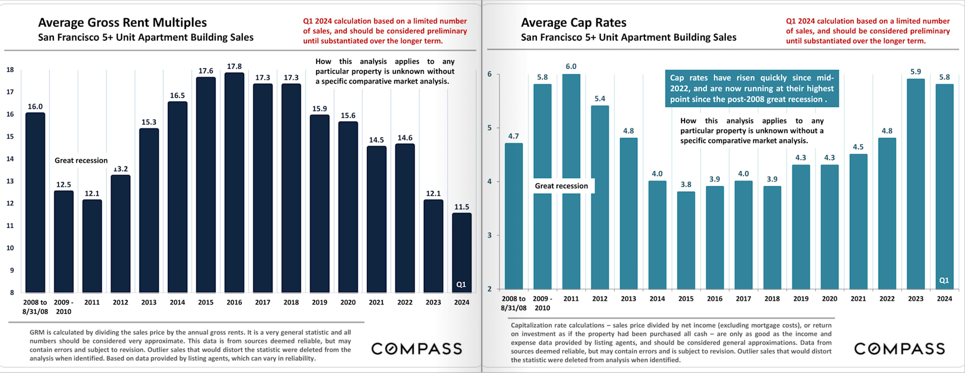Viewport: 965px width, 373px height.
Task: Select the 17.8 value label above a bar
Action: pos(234,66)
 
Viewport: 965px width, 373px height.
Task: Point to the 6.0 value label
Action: pos(571,66)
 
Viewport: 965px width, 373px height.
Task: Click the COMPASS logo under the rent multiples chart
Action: pos(417,349)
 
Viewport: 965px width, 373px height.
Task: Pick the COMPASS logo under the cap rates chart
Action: pos(899,349)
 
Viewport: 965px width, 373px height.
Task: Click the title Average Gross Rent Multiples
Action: pos(122,23)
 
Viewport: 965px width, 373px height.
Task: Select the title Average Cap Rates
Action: pos(573,23)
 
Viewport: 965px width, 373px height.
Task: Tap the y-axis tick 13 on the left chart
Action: pos(10,181)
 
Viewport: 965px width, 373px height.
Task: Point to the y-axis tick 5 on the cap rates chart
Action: pos(490,128)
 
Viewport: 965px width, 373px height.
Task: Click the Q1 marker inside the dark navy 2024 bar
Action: pos(461,285)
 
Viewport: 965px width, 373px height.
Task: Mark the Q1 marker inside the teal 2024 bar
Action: pos(944,281)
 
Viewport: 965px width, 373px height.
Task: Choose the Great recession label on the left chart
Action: pos(81,161)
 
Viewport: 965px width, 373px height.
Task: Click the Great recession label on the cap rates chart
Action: pos(561,186)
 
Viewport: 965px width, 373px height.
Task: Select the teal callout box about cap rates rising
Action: pos(751,88)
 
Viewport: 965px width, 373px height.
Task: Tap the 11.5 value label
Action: pos(461,207)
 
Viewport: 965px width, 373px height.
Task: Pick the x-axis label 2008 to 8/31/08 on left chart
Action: pos(35,307)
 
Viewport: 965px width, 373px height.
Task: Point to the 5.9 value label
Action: pos(915,72)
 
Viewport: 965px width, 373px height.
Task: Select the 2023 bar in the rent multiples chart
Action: pos(433,246)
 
